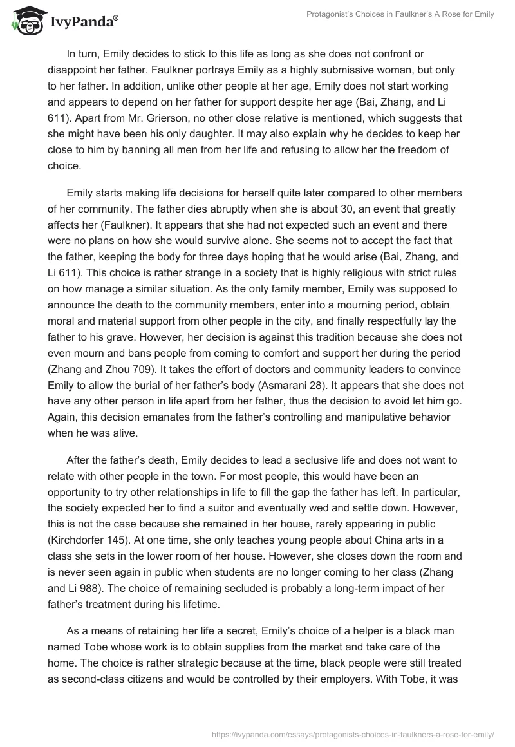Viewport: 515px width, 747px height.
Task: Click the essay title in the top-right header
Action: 399,15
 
